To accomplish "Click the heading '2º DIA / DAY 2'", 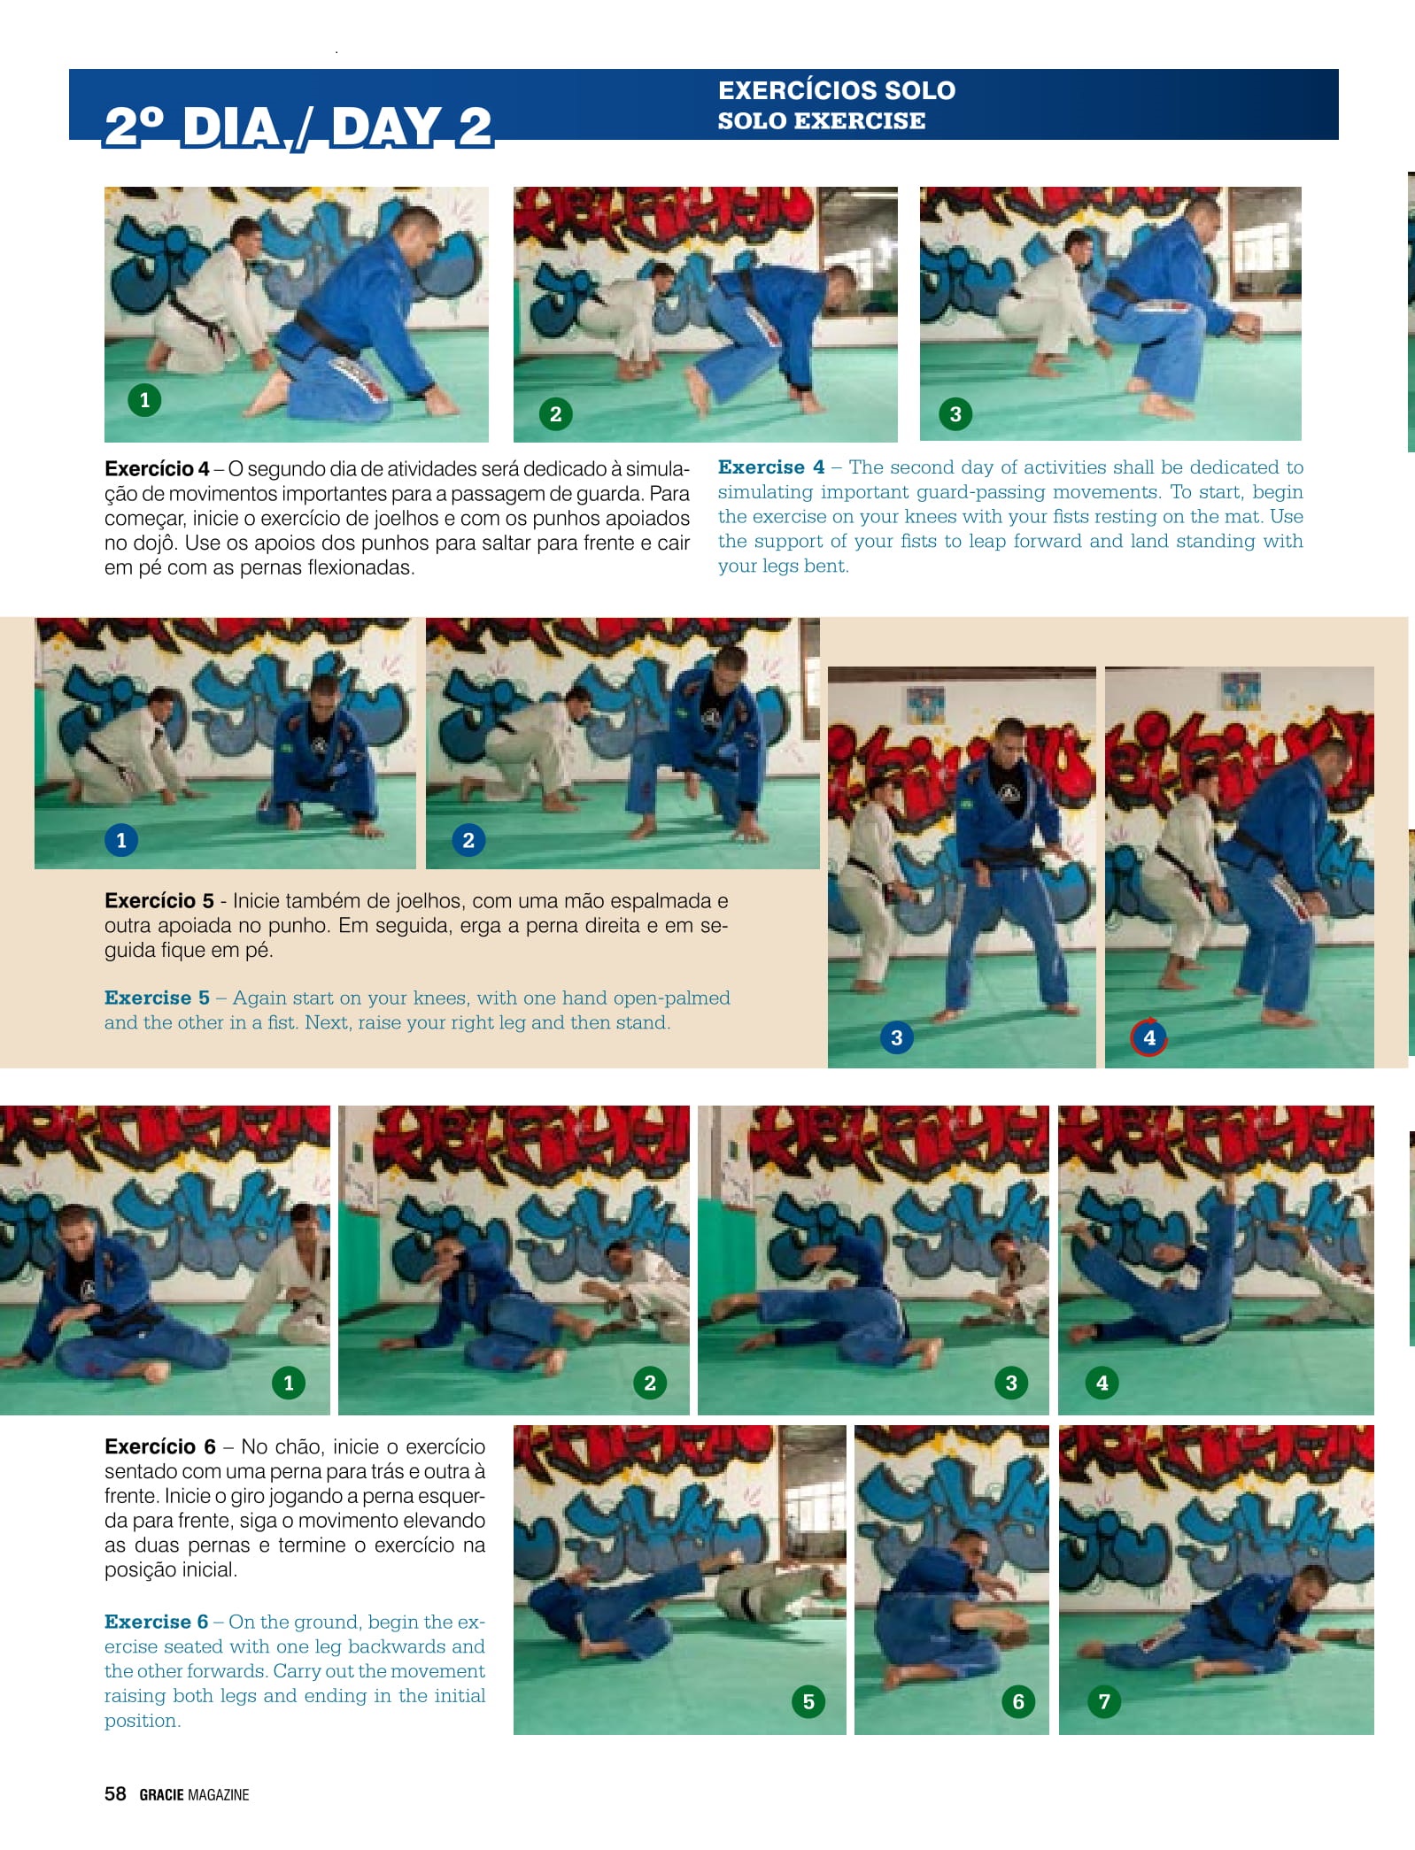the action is pos(298,127).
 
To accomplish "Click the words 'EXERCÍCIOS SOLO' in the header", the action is pos(837,90).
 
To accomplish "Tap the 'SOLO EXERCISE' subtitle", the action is pos(822,120).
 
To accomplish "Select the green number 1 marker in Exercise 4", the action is pos(145,400).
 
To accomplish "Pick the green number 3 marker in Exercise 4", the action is pos(955,413).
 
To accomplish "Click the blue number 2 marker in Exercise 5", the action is pos(468,840).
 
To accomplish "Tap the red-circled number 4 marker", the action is pos(1149,1037).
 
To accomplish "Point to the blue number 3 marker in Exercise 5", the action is pos(897,1037).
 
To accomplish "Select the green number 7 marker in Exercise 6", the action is pos(1104,1701).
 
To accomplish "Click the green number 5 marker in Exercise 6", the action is pos(808,1701).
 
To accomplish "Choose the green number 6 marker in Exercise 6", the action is pos(1018,1701).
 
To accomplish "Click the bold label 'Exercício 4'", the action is pos(157,469).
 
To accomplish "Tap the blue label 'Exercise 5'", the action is pos(157,998).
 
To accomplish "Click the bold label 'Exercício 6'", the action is pos(160,1446).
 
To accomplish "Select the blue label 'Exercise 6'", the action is pos(156,1622).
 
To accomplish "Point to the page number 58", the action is pos(115,1793).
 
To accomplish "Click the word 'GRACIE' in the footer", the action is pos(162,1794).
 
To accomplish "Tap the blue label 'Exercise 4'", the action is pos(771,467).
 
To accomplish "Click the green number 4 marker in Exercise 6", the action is pos(1102,1383).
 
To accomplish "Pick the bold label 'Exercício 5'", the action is pos(159,901).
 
